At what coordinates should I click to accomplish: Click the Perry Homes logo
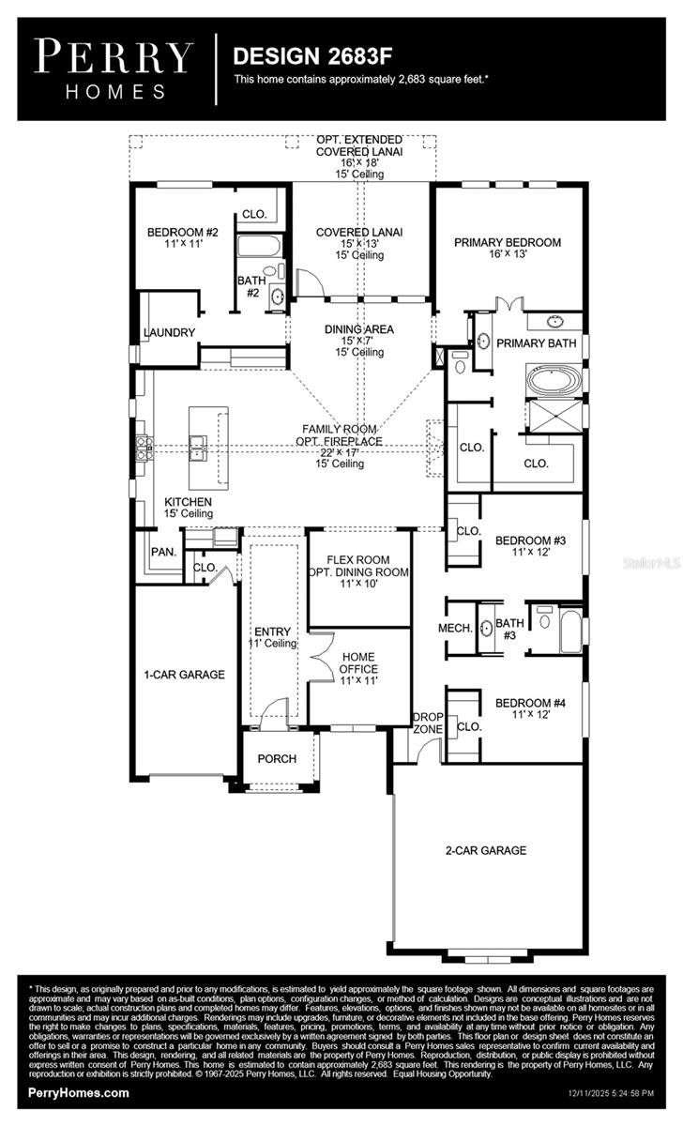pos(114,68)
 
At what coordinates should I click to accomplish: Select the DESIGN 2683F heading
pos(293,56)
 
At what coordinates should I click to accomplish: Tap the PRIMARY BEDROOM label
pos(508,243)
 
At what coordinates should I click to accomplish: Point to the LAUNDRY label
pos(169,332)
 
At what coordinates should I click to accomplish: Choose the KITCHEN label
pos(188,502)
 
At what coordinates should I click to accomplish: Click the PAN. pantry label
pos(164,553)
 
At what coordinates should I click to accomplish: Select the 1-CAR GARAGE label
pos(184,674)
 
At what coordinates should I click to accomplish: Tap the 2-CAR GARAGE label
pos(485,850)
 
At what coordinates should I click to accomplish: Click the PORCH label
pos(277,758)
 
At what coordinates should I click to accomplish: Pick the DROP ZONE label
pos(428,723)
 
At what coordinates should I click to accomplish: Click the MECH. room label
pos(454,628)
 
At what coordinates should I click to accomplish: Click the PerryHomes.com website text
pos(80,1093)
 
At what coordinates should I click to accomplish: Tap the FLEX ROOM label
pos(359,560)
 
